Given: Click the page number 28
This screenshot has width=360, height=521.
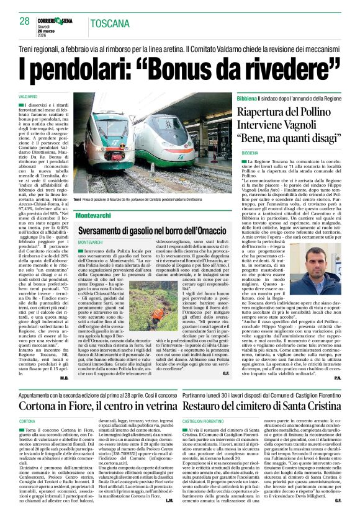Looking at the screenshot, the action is click(x=25, y=21).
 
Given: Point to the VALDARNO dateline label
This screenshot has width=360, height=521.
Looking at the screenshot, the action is click(x=28, y=98).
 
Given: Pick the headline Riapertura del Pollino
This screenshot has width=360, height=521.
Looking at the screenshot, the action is click(x=289, y=113).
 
